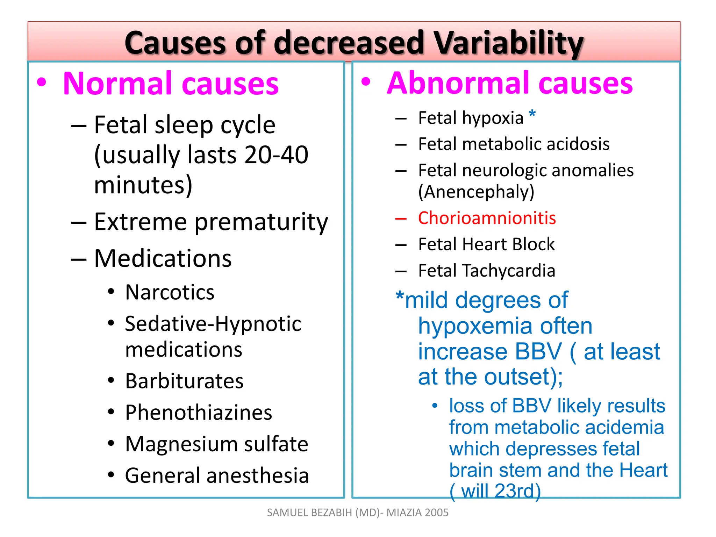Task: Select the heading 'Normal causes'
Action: coord(171,84)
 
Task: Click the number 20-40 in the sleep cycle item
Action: coord(276,155)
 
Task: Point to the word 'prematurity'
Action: coord(261,222)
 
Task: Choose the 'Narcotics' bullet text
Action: coord(170,292)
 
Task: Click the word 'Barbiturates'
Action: coord(184,381)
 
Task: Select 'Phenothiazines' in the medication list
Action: coord(199,413)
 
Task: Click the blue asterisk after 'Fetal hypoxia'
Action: coord(532,114)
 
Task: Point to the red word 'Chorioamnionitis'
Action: coord(487,218)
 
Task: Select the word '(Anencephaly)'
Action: coord(476,192)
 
